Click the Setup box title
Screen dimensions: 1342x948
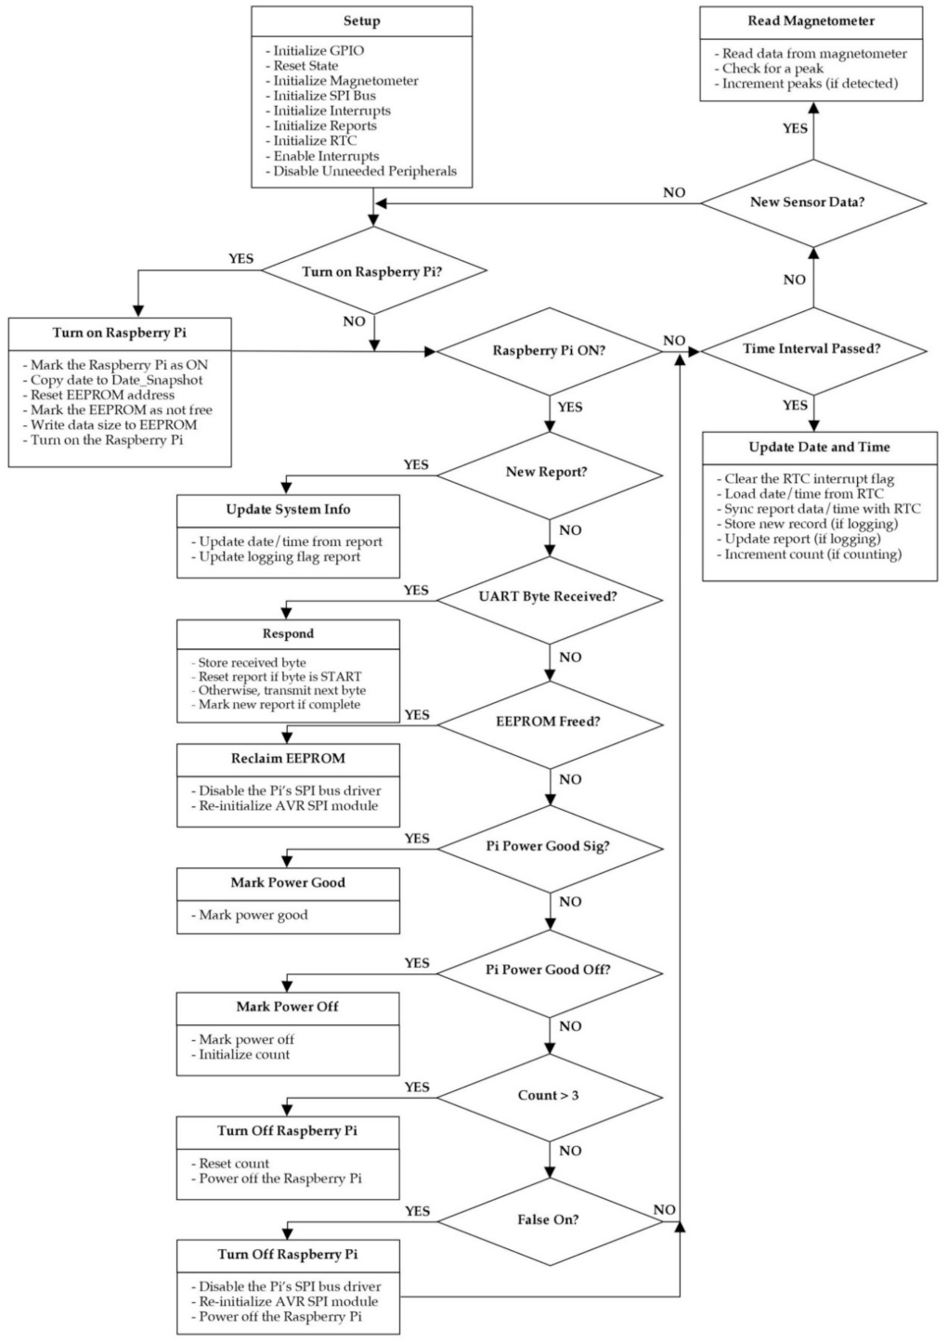pyautogui.click(x=361, y=20)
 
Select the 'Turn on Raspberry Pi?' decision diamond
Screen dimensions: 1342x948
pyautogui.click(x=374, y=271)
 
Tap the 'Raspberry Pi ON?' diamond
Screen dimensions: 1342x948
pyautogui.click(x=550, y=351)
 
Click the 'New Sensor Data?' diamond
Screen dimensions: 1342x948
pyautogui.click(x=812, y=202)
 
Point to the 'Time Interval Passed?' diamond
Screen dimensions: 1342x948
pyautogui.click(x=812, y=349)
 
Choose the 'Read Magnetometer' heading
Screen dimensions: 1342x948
pyautogui.click(x=811, y=20)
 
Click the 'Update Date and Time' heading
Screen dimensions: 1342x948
pyautogui.click(x=819, y=447)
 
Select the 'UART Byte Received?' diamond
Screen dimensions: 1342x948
pyautogui.click(x=548, y=596)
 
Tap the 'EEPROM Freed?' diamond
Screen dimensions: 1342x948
pyautogui.click(x=548, y=722)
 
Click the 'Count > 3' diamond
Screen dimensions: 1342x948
pyautogui.click(x=548, y=1096)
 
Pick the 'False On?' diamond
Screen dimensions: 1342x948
pyautogui.click(x=548, y=1219)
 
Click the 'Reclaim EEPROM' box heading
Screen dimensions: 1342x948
pyautogui.click(x=288, y=758)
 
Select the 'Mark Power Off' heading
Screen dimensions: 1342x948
pyautogui.click(x=288, y=1007)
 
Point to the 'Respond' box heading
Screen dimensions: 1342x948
pyautogui.click(x=288, y=633)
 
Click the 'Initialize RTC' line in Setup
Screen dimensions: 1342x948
pyautogui.click(x=314, y=140)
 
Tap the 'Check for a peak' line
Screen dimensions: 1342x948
pyautogui.click(x=773, y=68)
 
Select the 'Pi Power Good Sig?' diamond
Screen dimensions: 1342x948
pyautogui.click(x=548, y=846)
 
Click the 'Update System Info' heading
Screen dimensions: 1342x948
pyautogui.click(x=288, y=509)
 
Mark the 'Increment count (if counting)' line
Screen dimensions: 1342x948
pyautogui.click(x=812, y=554)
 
